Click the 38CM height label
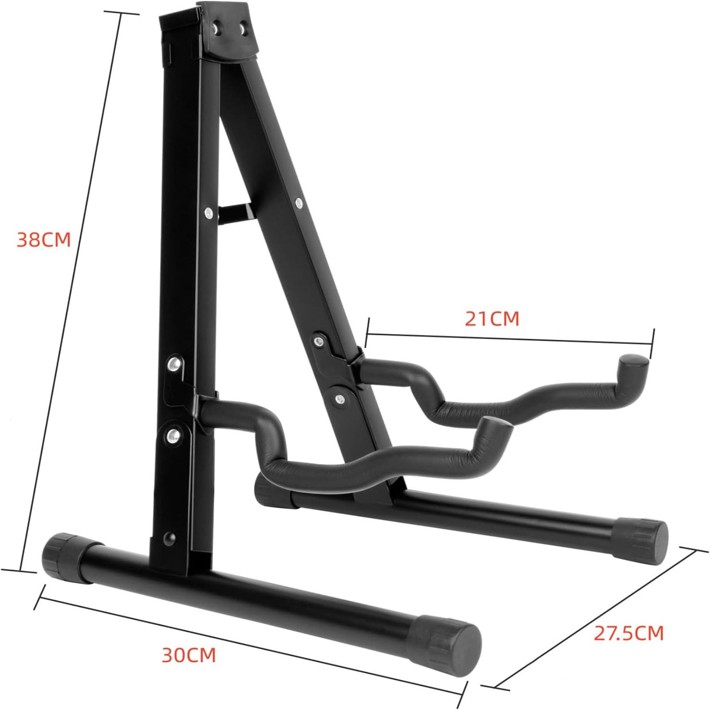[x=44, y=240]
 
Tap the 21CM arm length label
[x=492, y=319]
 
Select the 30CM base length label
[x=189, y=655]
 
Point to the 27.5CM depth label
[x=629, y=633]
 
